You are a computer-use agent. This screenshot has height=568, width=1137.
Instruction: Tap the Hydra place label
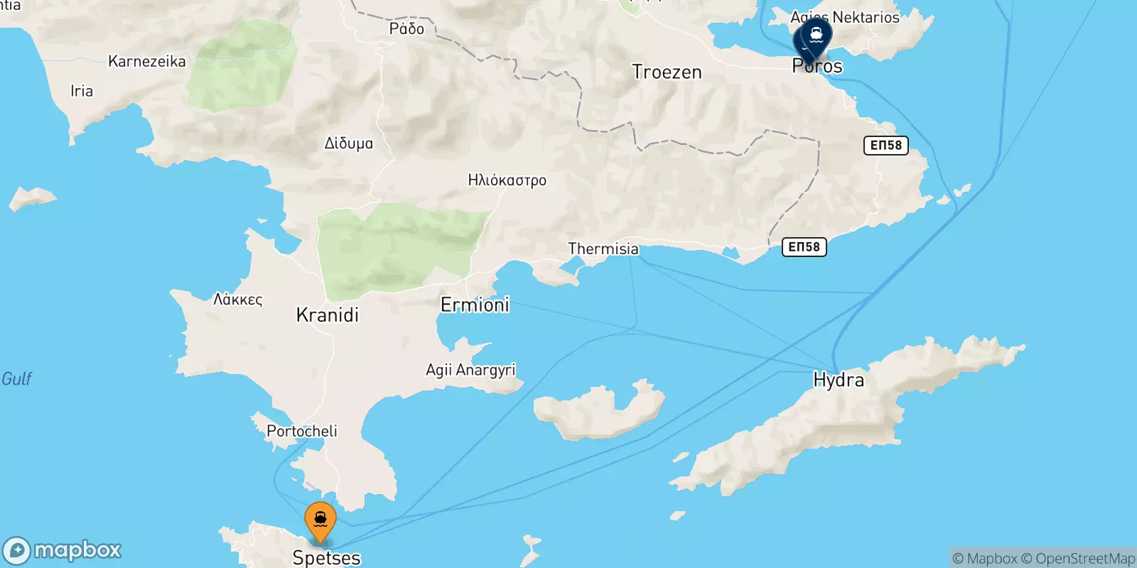tap(839, 380)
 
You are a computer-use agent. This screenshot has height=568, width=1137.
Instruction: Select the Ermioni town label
tap(475, 305)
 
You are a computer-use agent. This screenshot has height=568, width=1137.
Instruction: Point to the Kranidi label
tap(327, 315)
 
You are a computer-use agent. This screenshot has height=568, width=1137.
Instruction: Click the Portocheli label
tap(302, 431)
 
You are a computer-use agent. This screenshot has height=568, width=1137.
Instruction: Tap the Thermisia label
tap(603, 249)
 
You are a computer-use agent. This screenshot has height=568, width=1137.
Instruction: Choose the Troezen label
tap(667, 72)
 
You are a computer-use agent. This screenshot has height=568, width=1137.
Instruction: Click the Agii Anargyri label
tap(470, 370)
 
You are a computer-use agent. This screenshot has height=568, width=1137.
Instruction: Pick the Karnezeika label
tap(147, 62)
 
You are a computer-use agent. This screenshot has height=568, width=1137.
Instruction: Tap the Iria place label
tap(82, 91)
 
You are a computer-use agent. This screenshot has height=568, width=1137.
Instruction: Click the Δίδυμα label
tap(348, 143)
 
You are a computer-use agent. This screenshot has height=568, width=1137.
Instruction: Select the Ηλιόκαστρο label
tap(507, 180)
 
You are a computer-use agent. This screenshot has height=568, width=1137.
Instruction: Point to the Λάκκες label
tap(238, 300)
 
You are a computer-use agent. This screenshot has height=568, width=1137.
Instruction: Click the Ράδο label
tap(406, 29)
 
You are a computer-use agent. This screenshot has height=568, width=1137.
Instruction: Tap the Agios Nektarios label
tap(845, 17)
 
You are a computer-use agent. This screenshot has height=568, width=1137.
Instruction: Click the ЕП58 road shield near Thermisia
tap(804, 247)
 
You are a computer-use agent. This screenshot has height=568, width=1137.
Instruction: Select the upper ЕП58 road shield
tap(885, 146)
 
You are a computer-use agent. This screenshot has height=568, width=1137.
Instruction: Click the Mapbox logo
tap(63, 550)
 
